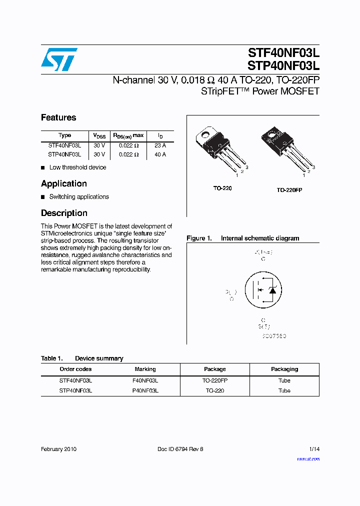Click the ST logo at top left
(59, 59)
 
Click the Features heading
(58, 117)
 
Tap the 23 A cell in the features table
(160, 145)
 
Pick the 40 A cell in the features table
(160, 154)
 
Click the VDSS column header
(99, 135)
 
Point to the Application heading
(64, 183)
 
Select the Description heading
(64, 213)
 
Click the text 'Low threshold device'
(77, 167)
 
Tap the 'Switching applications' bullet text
(79, 197)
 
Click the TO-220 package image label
(222, 188)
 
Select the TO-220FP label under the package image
(289, 190)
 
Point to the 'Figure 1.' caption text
(199, 238)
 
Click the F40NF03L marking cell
(145, 380)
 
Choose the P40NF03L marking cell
(145, 390)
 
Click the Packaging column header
(284, 369)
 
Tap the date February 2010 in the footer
(58, 449)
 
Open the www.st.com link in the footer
(308, 458)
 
